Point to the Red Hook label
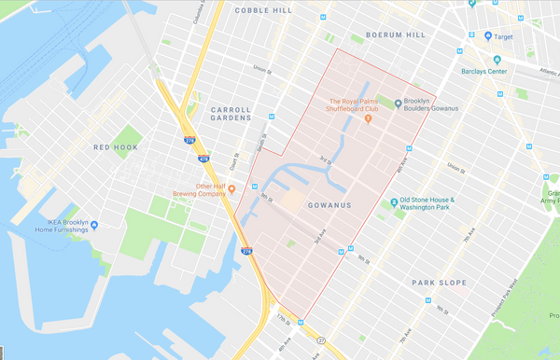point(115,147)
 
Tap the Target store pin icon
point(488,37)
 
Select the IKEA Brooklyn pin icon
point(94,225)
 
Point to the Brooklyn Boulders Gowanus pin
point(399,104)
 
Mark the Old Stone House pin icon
point(393,201)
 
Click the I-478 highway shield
point(203,159)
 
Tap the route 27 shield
point(320,339)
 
